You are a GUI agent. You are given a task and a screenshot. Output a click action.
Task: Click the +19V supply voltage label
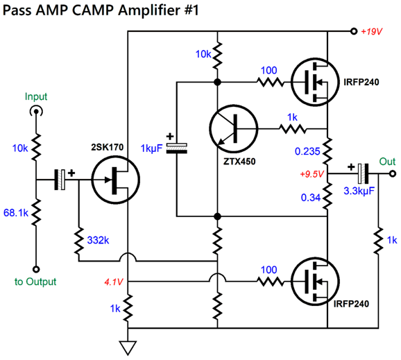[x=371, y=31]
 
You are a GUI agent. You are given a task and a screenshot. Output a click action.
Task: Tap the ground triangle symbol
[x=128, y=348]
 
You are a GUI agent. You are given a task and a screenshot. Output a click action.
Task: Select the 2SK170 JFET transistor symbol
[x=116, y=180]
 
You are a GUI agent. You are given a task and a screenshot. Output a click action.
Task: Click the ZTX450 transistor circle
[x=234, y=129]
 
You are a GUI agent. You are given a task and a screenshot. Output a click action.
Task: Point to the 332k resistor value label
[x=98, y=240]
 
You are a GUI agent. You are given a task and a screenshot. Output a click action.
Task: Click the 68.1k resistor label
[x=15, y=213]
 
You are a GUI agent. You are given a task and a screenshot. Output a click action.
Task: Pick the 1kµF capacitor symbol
[x=177, y=148]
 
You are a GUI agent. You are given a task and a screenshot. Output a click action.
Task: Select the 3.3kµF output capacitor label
[x=359, y=191]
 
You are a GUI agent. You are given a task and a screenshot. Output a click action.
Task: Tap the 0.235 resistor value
[x=307, y=151]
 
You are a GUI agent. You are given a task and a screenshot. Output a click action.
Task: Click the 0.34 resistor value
[x=311, y=198]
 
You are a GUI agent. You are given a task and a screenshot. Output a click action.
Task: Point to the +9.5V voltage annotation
[x=312, y=174]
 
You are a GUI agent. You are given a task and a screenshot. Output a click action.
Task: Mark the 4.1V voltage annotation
[x=114, y=282]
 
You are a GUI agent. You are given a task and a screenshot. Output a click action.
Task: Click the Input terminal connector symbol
[x=36, y=112]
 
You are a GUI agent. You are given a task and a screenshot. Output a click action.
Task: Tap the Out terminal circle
[x=393, y=174]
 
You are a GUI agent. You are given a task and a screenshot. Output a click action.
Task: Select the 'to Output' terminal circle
[x=36, y=269]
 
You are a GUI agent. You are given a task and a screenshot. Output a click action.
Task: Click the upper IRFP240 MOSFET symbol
[x=315, y=82]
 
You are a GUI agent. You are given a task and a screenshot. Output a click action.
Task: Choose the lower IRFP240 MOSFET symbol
[x=315, y=281]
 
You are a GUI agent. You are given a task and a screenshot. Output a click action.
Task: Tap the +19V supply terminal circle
[x=354, y=31]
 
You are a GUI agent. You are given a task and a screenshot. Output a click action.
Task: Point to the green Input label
[x=36, y=96]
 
